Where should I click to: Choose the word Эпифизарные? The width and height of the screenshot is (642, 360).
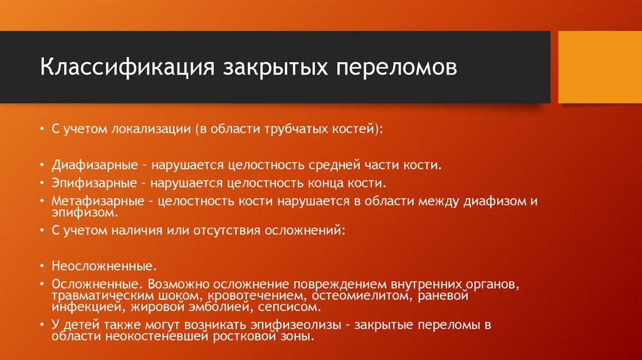(95, 184)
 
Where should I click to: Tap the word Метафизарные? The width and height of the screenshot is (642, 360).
(97, 201)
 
